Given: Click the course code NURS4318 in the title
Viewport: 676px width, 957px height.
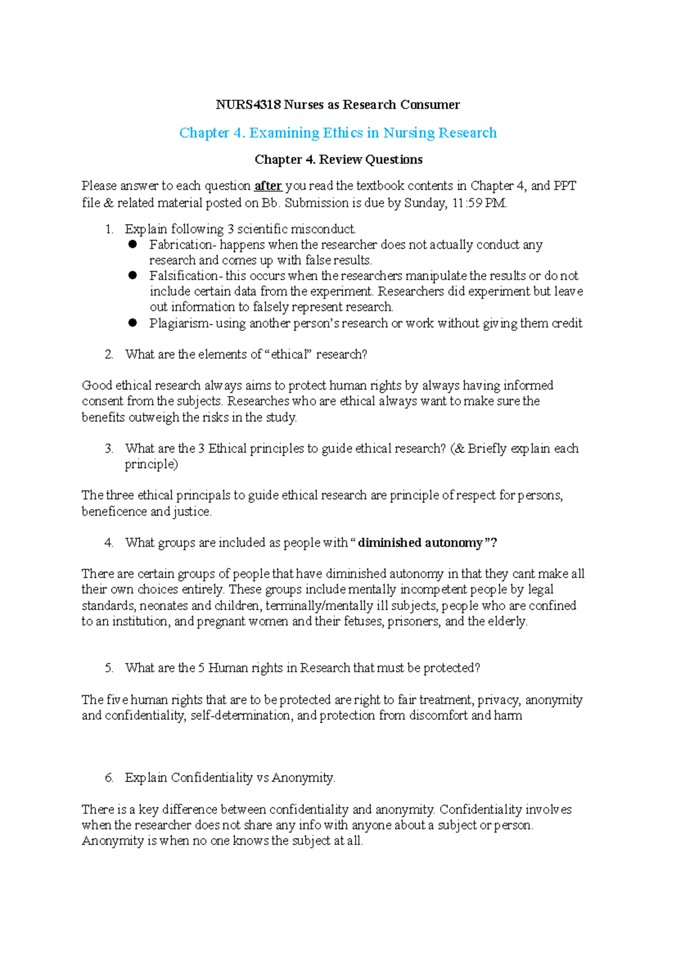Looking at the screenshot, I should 248,105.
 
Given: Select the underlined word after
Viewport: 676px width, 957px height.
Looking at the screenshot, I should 268,186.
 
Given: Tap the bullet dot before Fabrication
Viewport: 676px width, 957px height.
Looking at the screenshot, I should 133,245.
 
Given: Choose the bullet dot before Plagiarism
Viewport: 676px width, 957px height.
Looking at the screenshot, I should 133,323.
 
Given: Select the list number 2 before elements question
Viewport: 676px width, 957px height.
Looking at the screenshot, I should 109,355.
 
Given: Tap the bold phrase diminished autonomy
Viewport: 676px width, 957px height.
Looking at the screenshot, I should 421,543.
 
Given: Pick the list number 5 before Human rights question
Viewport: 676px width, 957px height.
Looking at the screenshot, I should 109,668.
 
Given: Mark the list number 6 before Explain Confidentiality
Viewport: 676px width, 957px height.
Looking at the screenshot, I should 109,778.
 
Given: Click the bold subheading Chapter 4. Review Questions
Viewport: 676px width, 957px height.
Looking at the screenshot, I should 338,159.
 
